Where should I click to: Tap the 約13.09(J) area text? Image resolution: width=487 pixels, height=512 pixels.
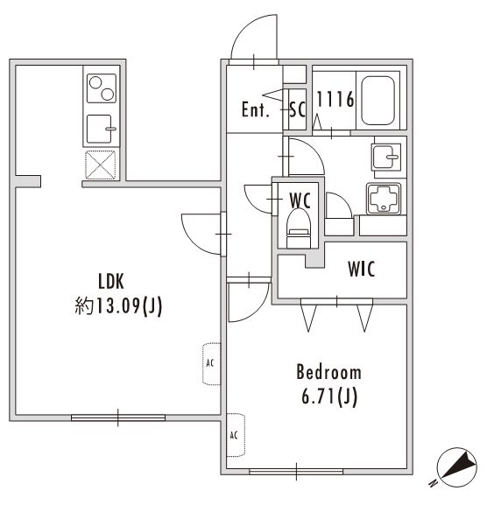118,306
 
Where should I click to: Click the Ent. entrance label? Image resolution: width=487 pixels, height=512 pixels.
256,110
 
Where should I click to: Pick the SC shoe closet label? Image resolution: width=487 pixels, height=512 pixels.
297,110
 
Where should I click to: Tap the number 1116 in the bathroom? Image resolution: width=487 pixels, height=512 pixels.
334,100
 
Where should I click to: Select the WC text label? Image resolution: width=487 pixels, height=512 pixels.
300,200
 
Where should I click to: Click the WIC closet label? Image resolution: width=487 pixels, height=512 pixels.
361,269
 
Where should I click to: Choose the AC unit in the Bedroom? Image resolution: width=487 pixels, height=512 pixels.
235,434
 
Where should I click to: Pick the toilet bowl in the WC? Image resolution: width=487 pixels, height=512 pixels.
300,226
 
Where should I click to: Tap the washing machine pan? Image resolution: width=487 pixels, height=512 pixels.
383,201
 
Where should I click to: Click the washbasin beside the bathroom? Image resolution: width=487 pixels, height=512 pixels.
385,158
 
